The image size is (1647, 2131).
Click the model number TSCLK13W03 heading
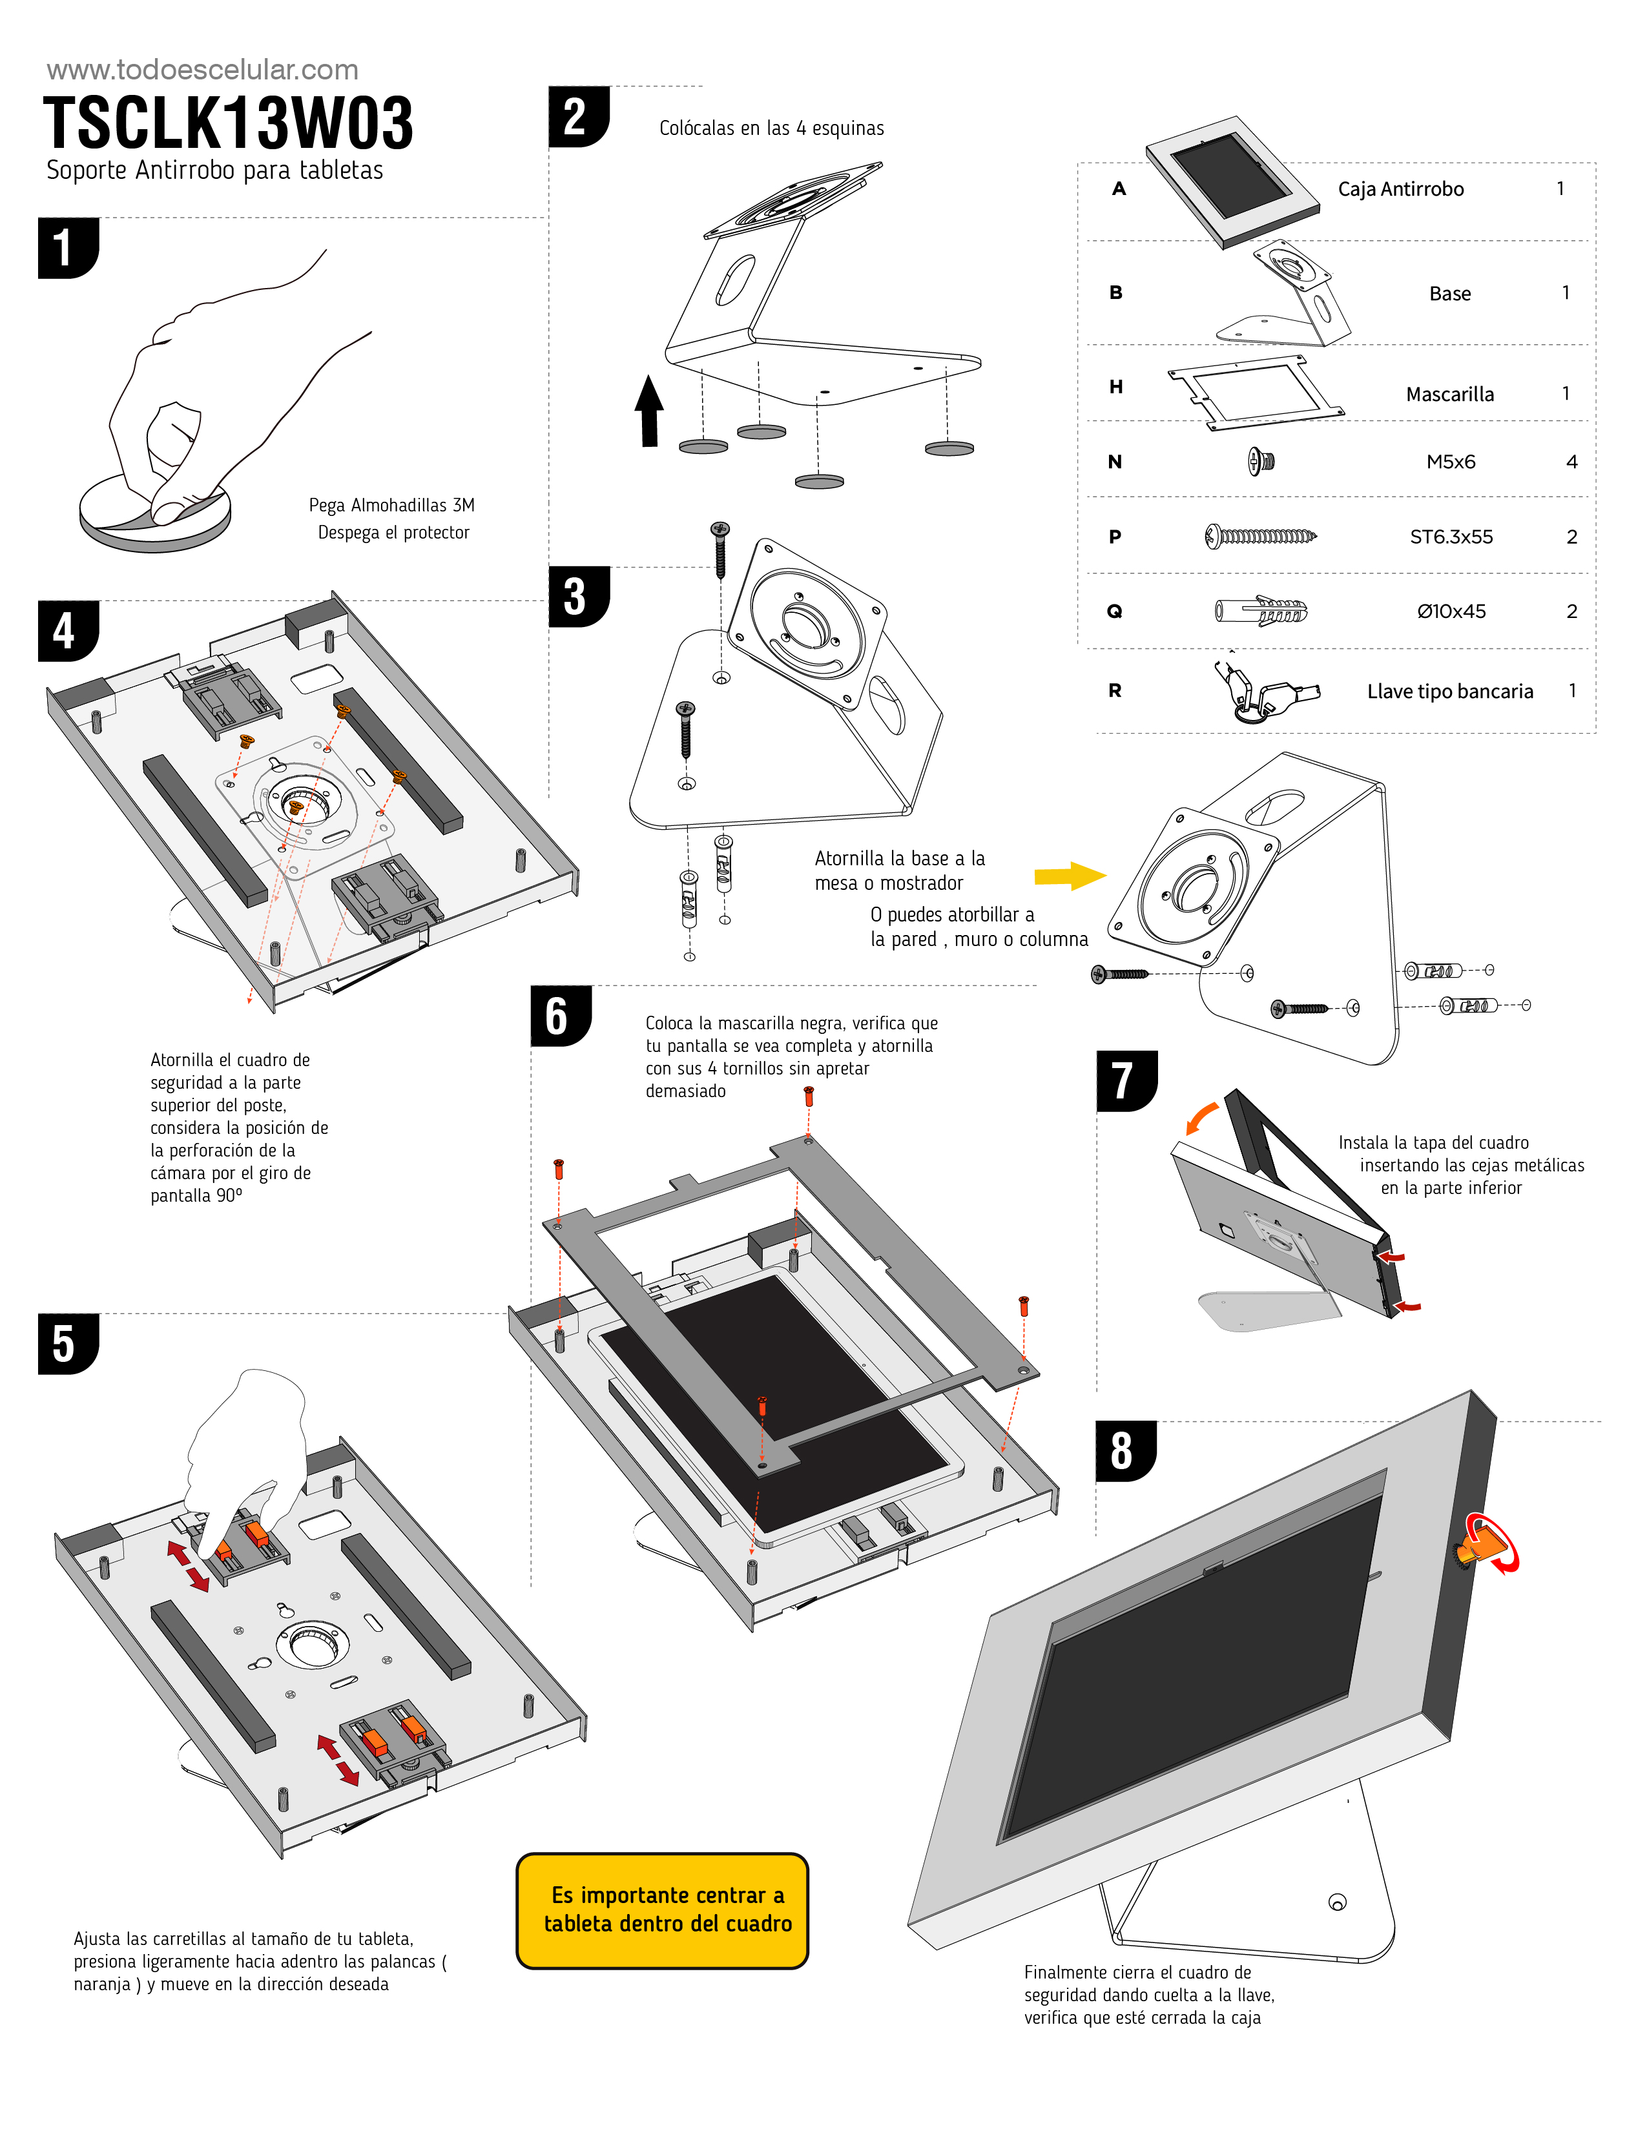point(228,124)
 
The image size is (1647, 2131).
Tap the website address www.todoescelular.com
point(203,70)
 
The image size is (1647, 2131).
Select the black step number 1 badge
point(67,248)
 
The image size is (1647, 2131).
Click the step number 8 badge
point(1124,1451)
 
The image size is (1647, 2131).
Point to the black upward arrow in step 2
point(649,411)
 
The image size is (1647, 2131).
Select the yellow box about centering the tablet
point(663,1910)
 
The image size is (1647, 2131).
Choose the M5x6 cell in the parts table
point(1450,462)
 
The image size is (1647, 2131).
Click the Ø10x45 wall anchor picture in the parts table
point(1261,612)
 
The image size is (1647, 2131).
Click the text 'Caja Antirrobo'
point(1400,189)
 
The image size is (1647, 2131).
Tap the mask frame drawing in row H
point(1254,392)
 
